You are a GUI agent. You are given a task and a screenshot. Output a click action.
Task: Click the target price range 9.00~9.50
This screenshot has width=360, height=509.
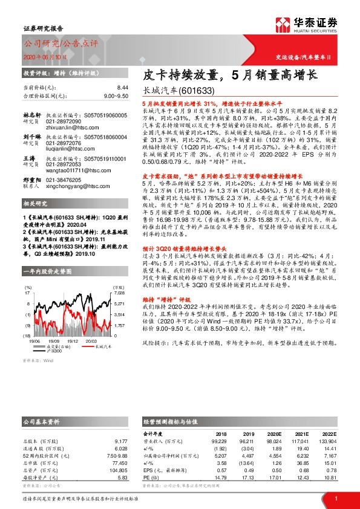pos(116,96)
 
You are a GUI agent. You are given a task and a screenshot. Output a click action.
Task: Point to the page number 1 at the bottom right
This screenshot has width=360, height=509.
pos(335,498)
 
